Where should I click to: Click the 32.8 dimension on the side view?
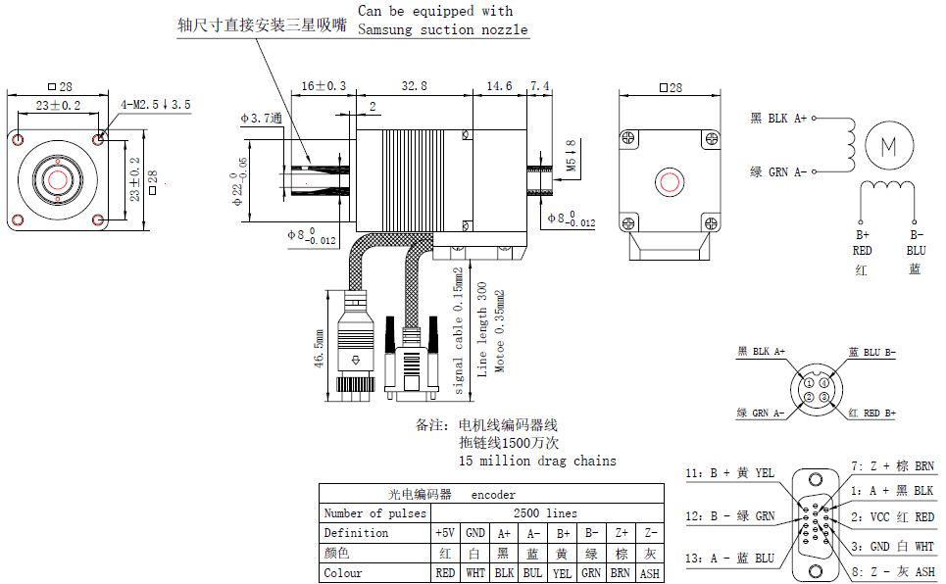(415, 86)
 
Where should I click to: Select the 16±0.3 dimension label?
(324, 86)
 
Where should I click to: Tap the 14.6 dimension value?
(500, 86)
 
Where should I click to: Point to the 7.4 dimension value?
(540, 86)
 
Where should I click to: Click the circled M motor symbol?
(889, 146)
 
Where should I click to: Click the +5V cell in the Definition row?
(444, 533)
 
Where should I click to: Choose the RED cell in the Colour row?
(444, 573)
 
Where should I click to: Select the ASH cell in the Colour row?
(649, 573)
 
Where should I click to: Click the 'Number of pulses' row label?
(375, 512)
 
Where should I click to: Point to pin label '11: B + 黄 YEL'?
(729, 473)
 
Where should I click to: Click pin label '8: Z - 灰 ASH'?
(893, 571)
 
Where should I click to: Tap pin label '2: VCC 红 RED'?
(893, 517)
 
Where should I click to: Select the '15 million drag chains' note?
(537, 461)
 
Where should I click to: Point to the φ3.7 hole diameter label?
(261, 118)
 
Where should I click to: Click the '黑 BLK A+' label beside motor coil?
(778, 119)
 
